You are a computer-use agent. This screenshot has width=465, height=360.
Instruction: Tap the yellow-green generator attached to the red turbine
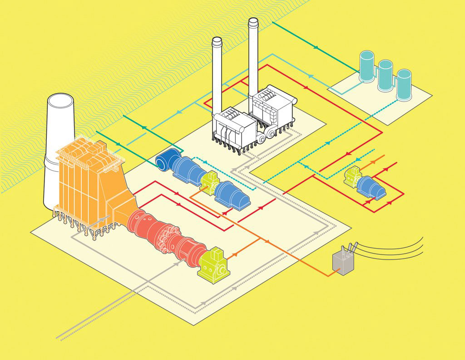(213, 263)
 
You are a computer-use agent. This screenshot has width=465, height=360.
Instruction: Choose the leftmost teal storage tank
(366, 66)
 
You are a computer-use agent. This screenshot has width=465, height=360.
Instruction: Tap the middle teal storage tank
(385, 75)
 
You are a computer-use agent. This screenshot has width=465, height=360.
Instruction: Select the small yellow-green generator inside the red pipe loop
(352, 178)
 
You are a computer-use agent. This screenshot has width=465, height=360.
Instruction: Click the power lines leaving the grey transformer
(395, 248)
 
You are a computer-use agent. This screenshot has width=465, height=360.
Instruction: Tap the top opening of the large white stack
(60, 100)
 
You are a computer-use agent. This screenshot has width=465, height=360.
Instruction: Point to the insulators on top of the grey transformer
(350, 248)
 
